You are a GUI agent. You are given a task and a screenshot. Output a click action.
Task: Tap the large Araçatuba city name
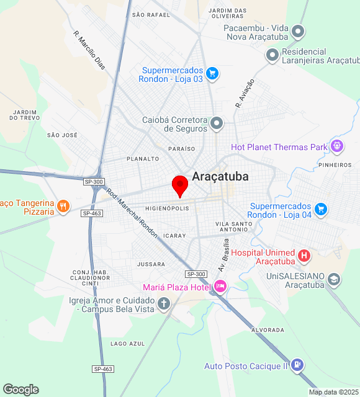coord(220,176)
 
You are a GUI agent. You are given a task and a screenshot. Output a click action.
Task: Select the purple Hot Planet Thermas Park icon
coord(337,146)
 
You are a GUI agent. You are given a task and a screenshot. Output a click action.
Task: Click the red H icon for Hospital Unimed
coord(304,255)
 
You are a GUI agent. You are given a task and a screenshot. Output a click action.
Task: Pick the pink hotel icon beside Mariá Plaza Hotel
coord(220,286)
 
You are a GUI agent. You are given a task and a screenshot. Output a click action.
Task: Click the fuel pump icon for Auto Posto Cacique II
coord(297,365)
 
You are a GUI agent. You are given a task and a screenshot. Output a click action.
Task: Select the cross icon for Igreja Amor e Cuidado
coord(164,303)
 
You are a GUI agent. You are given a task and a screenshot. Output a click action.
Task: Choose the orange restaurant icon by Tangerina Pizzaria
coord(63,206)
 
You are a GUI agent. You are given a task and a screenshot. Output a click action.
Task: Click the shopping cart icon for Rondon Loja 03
coord(212,74)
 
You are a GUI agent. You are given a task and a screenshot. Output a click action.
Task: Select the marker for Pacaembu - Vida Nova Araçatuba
coord(299,31)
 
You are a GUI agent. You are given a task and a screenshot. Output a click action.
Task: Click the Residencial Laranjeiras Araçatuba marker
coord(272,55)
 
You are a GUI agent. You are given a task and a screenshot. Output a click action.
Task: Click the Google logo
coord(20,390)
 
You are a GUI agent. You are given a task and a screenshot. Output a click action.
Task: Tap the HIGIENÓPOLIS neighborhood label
coord(167,208)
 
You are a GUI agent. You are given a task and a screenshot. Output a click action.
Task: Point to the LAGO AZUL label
coord(127,344)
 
